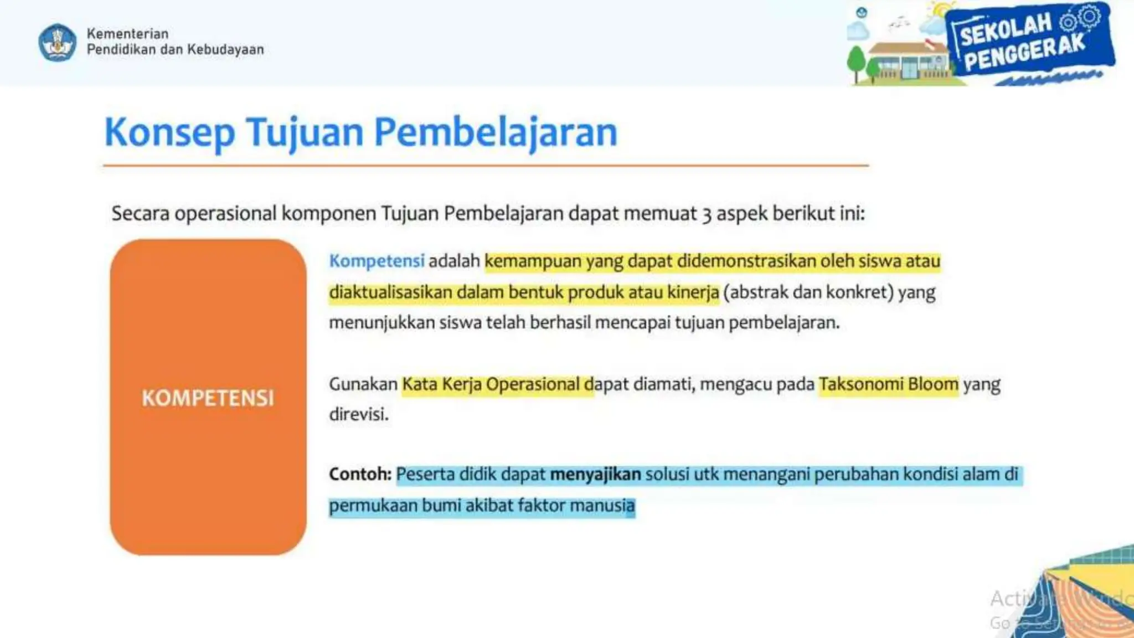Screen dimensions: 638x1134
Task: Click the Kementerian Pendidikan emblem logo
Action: (57, 42)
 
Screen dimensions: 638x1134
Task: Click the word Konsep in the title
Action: (169, 133)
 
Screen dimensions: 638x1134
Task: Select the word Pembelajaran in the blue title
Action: (496, 133)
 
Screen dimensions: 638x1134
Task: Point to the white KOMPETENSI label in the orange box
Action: (208, 398)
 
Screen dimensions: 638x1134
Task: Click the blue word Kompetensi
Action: (377, 261)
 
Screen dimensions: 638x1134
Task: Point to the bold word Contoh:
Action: (360, 474)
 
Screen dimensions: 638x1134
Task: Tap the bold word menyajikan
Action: (595, 474)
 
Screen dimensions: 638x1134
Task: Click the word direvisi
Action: (358, 414)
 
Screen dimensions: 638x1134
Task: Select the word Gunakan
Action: (363, 384)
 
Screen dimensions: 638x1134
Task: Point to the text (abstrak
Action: (756, 292)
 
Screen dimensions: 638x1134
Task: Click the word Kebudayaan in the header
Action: (225, 49)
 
